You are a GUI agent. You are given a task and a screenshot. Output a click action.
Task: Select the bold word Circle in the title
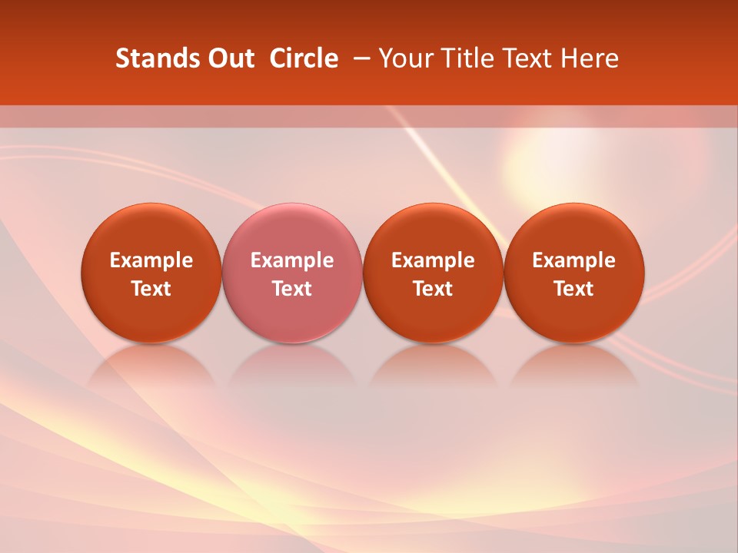point(304,58)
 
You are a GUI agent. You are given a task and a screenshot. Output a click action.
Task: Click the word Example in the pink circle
point(292,260)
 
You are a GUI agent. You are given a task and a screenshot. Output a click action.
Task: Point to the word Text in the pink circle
point(292,289)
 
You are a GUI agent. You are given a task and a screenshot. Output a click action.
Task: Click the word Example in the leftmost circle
point(151,260)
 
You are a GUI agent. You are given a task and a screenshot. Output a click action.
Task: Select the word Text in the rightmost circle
point(573,289)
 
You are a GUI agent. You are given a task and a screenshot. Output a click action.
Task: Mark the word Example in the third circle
point(433,260)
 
